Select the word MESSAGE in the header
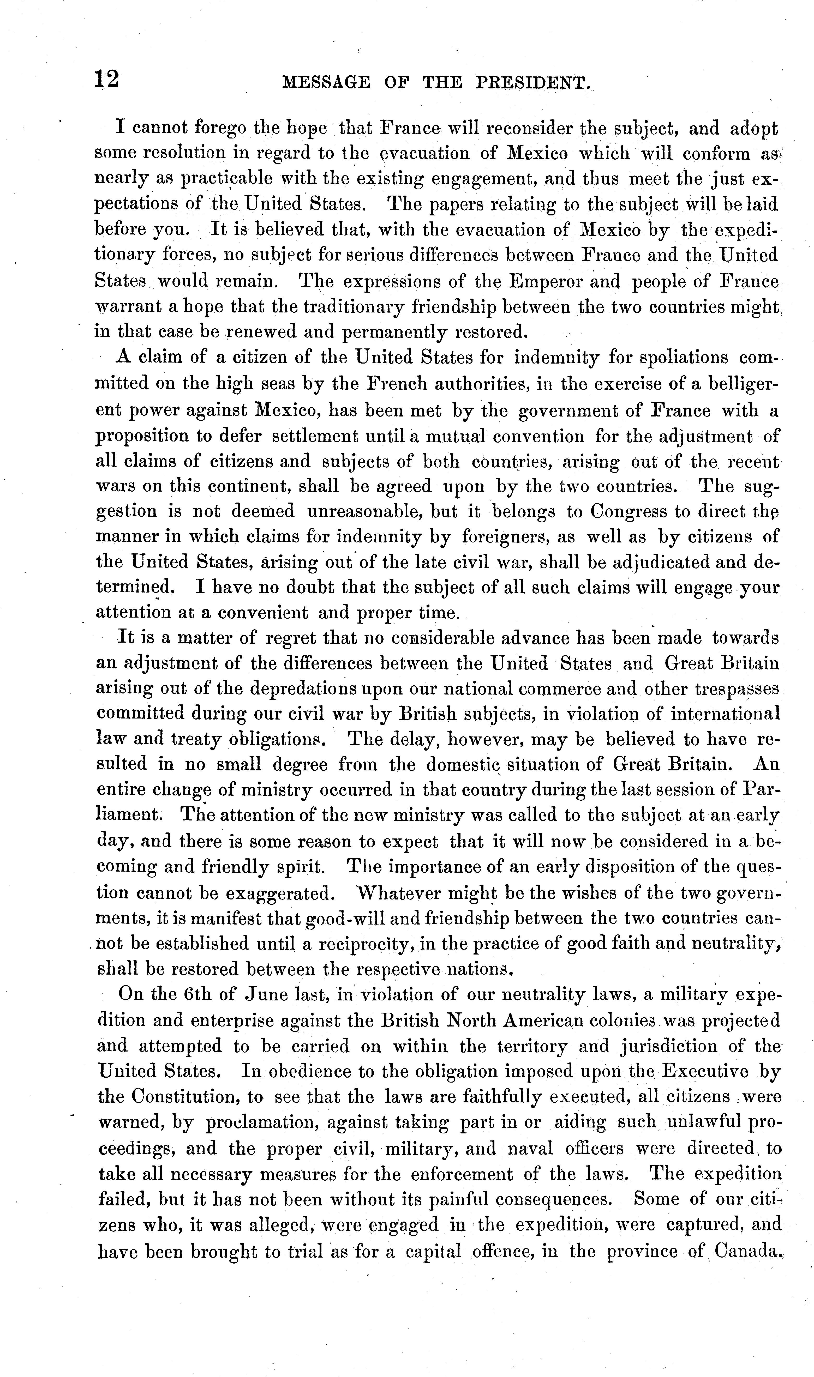tap(326, 83)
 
